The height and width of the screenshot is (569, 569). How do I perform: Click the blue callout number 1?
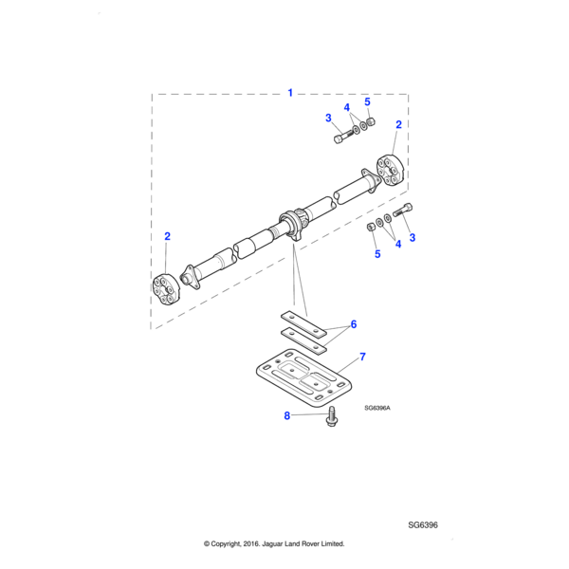pyautogui.click(x=290, y=93)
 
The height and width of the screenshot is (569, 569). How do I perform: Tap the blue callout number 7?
pyautogui.click(x=362, y=357)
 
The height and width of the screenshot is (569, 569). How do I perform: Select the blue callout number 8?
pyautogui.click(x=287, y=415)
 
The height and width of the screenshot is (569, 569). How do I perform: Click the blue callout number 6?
pyautogui.click(x=354, y=324)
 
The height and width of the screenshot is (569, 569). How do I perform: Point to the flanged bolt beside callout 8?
pyautogui.click(x=331, y=416)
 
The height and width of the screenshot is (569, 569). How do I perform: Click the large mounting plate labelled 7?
pyautogui.click(x=304, y=378)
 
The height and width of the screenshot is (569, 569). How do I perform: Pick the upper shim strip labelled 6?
pyautogui.click(x=303, y=324)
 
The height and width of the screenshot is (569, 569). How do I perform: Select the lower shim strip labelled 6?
pyautogui.click(x=303, y=340)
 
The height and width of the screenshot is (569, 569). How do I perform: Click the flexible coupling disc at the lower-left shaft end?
pyautogui.click(x=166, y=289)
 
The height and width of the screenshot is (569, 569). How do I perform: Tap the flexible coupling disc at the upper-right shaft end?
pyautogui.click(x=390, y=170)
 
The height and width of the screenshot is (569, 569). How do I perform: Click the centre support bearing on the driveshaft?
pyautogui.click(x=291, y=225)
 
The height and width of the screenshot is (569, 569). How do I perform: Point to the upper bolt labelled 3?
pyautogui.click(x=342, y=137)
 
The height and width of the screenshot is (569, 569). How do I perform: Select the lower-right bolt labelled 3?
pyautogui.click(x=402, y=210)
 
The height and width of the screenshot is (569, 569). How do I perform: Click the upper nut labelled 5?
pyautogui.click(x=371, y=122)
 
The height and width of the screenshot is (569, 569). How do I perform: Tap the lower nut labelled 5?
pyautogui.click(x=371, y=228)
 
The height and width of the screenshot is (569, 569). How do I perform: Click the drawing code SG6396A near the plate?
pyautogui.click(x=377, y=408)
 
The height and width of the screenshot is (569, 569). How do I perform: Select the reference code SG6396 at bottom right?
pyautogui.click(x=423, y=524)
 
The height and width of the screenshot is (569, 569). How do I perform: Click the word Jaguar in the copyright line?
pyautogui.click(x=272, y=543)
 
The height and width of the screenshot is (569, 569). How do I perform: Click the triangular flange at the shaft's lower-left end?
pyautogui.click(x=192, y=278)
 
